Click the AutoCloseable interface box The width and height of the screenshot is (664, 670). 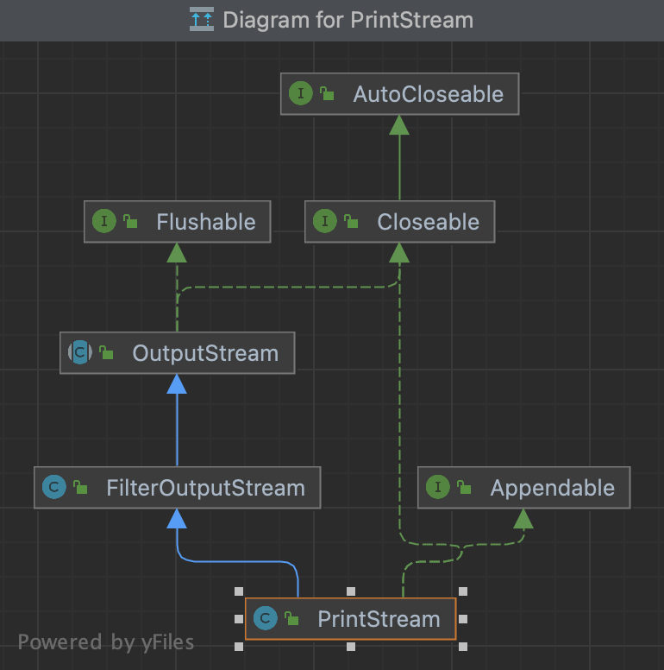point(400,94)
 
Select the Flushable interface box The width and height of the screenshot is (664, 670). point(177,222)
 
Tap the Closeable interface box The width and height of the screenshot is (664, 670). point(399,222)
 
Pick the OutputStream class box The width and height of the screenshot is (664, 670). point(177,353)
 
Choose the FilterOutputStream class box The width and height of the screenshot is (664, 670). point(177,488)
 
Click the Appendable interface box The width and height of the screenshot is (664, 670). point(523,488)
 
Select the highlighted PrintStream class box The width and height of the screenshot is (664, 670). point(350,618)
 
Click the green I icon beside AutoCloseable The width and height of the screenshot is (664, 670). point(300,94)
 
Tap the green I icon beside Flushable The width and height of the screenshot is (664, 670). point(103,222)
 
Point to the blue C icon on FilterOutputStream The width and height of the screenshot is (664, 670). point(53,488)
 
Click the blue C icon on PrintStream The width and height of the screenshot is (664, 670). point(266,618)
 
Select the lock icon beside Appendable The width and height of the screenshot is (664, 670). point(464,488)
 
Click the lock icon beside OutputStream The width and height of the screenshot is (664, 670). point(106,353)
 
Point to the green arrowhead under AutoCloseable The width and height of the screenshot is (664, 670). point(398,125)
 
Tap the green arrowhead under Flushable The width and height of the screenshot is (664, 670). point(177,252)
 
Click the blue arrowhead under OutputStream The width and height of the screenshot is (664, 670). point(177,384)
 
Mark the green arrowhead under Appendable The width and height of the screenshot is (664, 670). point(523,518)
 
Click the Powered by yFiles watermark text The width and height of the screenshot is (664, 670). point(106,642)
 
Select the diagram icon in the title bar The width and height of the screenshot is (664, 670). point(202,19)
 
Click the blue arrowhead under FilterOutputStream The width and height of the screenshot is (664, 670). point(177,518)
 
